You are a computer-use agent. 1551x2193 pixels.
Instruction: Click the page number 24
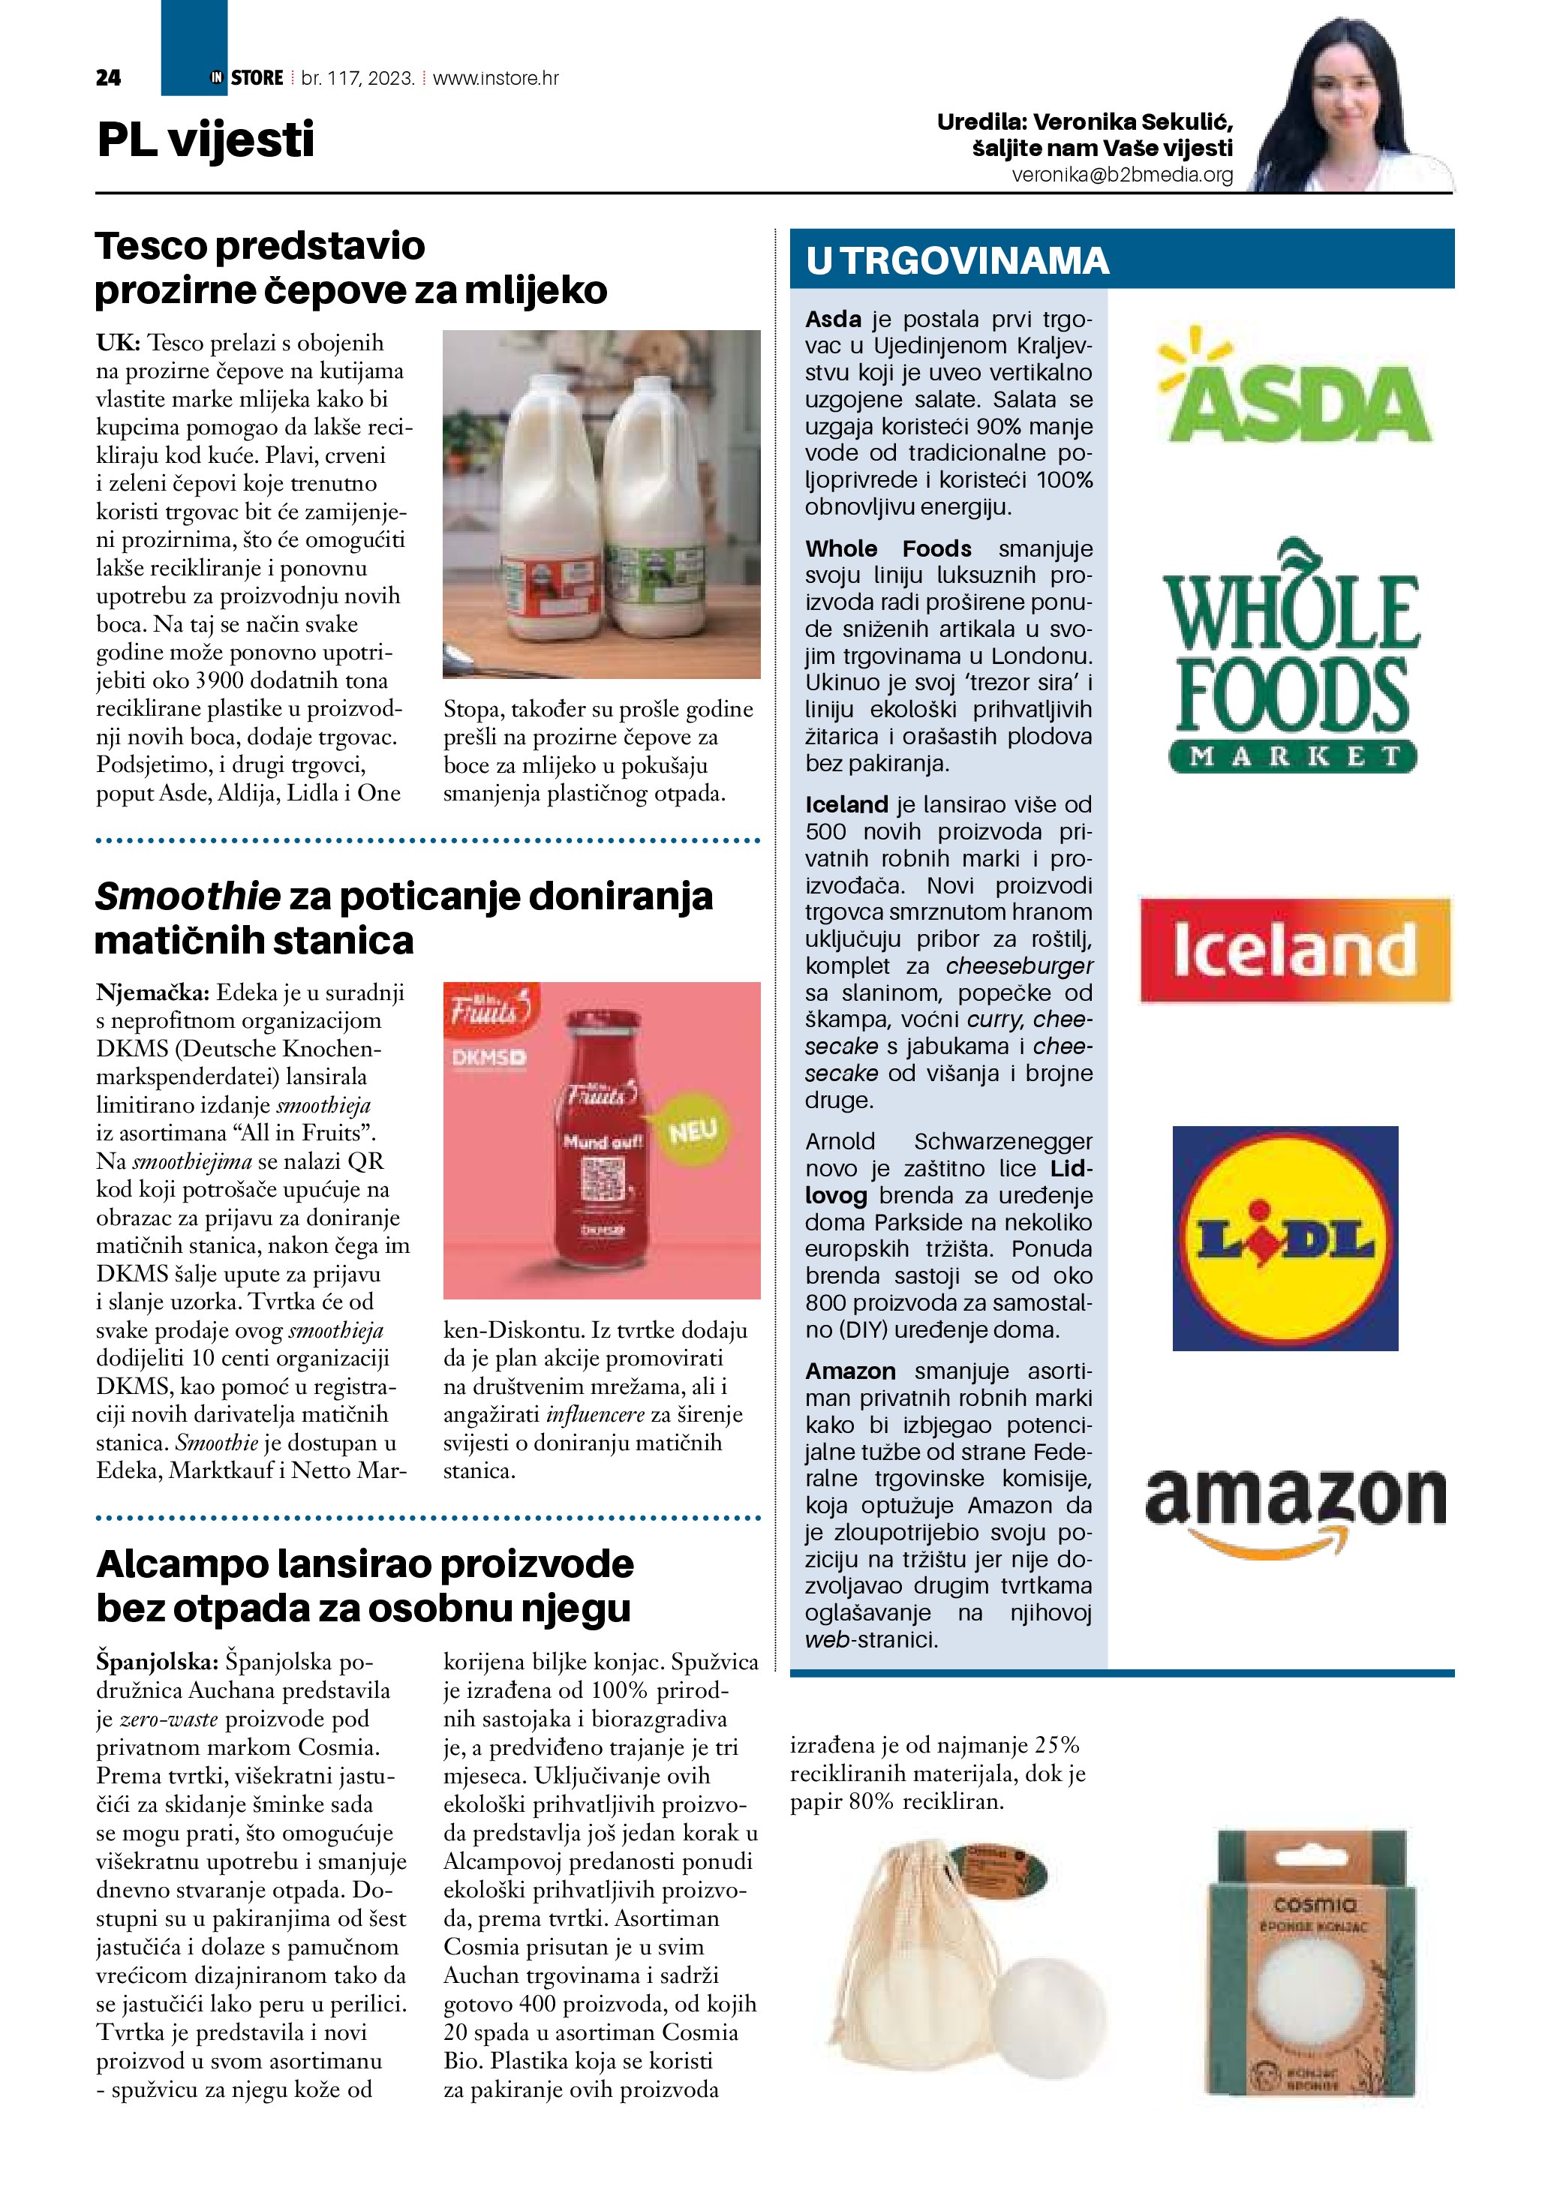tap(108, 78)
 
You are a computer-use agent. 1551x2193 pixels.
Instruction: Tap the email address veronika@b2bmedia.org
tap(1123, 176)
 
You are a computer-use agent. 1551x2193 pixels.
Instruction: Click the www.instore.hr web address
tap(496, 78)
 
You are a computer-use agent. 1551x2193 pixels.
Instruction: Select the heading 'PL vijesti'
tap(206, 140)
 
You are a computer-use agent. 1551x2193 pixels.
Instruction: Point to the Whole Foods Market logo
tap(1292, 656)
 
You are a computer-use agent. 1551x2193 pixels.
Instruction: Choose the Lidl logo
tap(1285, 1238)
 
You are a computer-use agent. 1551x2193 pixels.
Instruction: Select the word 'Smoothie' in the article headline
tap(188, 896)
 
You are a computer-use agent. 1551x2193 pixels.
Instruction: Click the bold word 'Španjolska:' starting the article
tap(158, 1661)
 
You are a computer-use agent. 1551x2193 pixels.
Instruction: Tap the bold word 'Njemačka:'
tap(153, 993)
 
